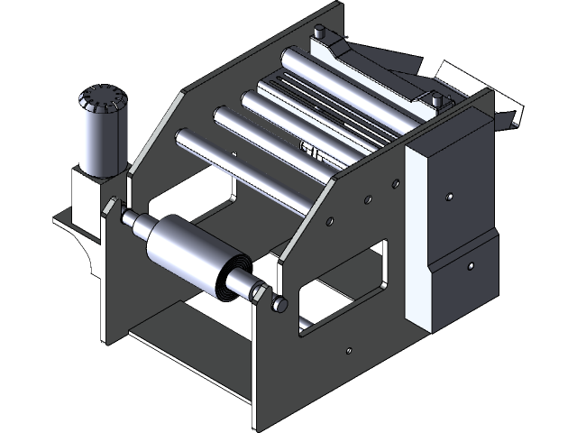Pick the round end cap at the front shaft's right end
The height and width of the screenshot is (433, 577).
[x=280, y=305]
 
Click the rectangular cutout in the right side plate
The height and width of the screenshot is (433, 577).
[x=343, y=284]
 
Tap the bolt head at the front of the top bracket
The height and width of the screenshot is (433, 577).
[x=436, y=98]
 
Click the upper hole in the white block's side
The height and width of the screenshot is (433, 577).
[x=448, y=195]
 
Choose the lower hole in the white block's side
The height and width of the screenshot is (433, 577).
[x=470, y=266]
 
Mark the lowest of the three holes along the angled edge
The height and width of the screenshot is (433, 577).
[x=330, y=219]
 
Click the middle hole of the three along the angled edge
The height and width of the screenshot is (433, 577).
[x=366, y=198]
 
